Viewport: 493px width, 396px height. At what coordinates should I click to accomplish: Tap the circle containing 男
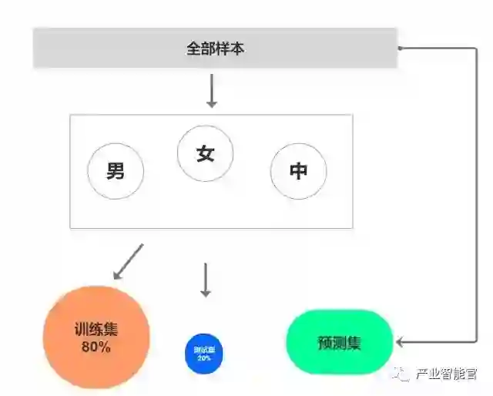(116, 170)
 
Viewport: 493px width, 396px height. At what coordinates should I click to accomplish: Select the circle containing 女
(206, 153)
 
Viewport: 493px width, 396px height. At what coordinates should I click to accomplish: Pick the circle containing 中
(298, 170)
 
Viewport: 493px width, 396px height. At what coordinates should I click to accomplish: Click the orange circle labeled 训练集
(96, 337)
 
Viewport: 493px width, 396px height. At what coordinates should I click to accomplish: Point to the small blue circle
(204, 353)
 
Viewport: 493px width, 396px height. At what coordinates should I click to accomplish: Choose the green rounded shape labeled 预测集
(339, 342)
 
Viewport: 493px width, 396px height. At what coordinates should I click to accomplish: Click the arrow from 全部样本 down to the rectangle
(212, 91)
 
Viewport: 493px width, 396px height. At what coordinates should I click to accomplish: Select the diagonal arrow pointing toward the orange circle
(128, 261)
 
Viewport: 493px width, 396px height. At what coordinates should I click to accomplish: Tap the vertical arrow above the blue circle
(205, 280)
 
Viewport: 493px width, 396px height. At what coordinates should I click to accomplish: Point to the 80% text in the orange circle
(96, 347)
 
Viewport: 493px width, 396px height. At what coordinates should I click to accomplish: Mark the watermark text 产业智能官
(446, 375)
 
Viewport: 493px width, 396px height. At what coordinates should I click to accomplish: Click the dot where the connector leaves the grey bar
(400, 48)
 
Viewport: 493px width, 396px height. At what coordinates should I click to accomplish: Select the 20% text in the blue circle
(204, 358)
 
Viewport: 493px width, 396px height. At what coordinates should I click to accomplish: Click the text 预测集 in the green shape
(339, 343)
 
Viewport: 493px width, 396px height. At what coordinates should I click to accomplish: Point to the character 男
(116, 170)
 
